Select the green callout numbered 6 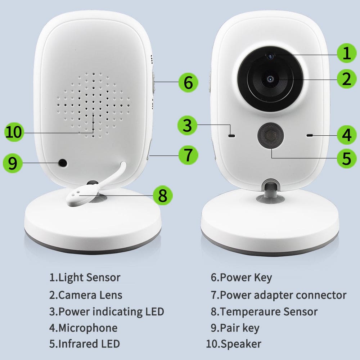coord(188,82)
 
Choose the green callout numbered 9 coord(12,163)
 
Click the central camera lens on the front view coord(270,79)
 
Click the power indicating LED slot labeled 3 coord(231,136)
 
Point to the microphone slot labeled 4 coord(309,135)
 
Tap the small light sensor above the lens coord(270,55)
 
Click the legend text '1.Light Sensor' coord(85,278)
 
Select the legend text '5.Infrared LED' coord(84,343)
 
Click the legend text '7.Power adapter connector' coord(278,295)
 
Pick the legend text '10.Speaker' coord(233,343)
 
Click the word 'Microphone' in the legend coord(88,328)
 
